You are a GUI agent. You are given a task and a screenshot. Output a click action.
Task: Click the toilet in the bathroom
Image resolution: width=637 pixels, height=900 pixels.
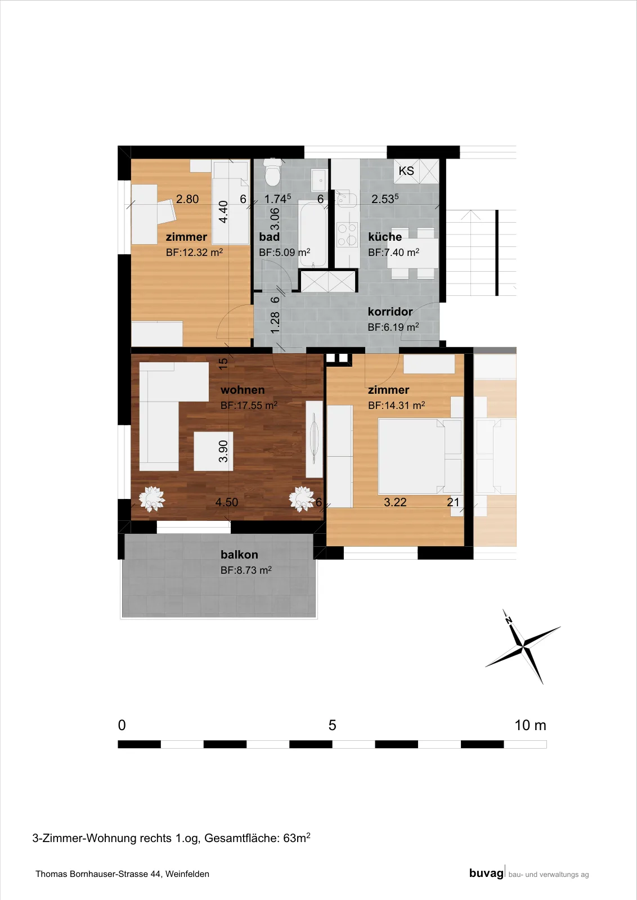coord(272,172)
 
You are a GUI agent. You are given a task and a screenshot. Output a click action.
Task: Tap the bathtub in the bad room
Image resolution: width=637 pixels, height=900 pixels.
coord(313,234)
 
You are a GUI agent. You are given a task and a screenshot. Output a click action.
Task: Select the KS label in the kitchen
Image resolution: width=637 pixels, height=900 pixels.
coord(406,171)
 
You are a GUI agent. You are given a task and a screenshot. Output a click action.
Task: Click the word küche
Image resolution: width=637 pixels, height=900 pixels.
coord(384,237)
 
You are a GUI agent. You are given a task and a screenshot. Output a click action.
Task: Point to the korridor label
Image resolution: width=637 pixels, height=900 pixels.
coord(390,312)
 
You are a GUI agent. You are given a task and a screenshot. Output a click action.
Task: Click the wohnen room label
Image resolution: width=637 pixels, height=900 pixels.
coord(243,390)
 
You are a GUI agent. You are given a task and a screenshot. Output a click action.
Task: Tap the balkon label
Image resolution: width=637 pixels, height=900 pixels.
coord(239,555)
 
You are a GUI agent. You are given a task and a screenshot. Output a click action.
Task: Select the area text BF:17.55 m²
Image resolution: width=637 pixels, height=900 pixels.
coord(249,405)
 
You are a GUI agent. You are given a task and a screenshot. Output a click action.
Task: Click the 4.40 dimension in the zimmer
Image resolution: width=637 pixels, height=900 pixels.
coord(223,211)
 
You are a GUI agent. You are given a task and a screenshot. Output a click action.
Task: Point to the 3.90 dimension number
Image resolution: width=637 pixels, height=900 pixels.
coord(223,451)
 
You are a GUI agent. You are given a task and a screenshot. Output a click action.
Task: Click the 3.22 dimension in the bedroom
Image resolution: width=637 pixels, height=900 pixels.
coord(395,502)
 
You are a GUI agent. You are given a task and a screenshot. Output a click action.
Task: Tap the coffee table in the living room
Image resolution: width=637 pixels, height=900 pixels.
coord(213,451)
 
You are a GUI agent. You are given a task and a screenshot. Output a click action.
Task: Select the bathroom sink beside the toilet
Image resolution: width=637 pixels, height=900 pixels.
coord(320,181)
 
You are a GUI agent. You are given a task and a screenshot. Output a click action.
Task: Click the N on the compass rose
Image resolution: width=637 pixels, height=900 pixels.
coord(508,620)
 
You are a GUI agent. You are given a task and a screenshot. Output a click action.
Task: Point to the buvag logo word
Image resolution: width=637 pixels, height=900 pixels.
coord(486,873)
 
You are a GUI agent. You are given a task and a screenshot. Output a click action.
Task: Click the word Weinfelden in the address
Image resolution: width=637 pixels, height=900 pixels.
coord(187,874)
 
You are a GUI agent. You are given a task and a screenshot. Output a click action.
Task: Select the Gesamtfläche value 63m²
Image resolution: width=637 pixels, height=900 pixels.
coord(297,838)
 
